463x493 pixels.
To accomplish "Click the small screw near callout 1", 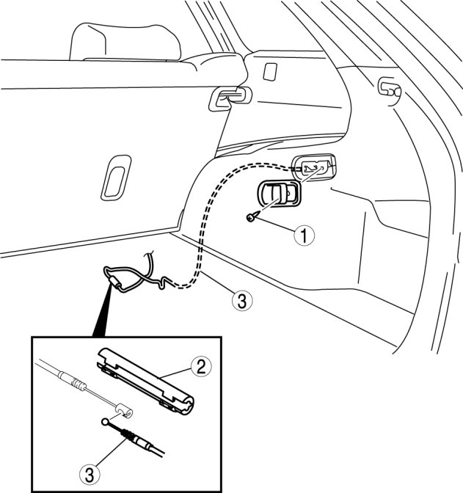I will tap(252, 216).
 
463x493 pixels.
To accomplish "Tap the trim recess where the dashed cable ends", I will tap(315, 167).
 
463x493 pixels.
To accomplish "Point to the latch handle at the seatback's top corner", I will tap(228, 98).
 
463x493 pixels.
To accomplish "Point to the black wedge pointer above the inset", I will tap(103, 308).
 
